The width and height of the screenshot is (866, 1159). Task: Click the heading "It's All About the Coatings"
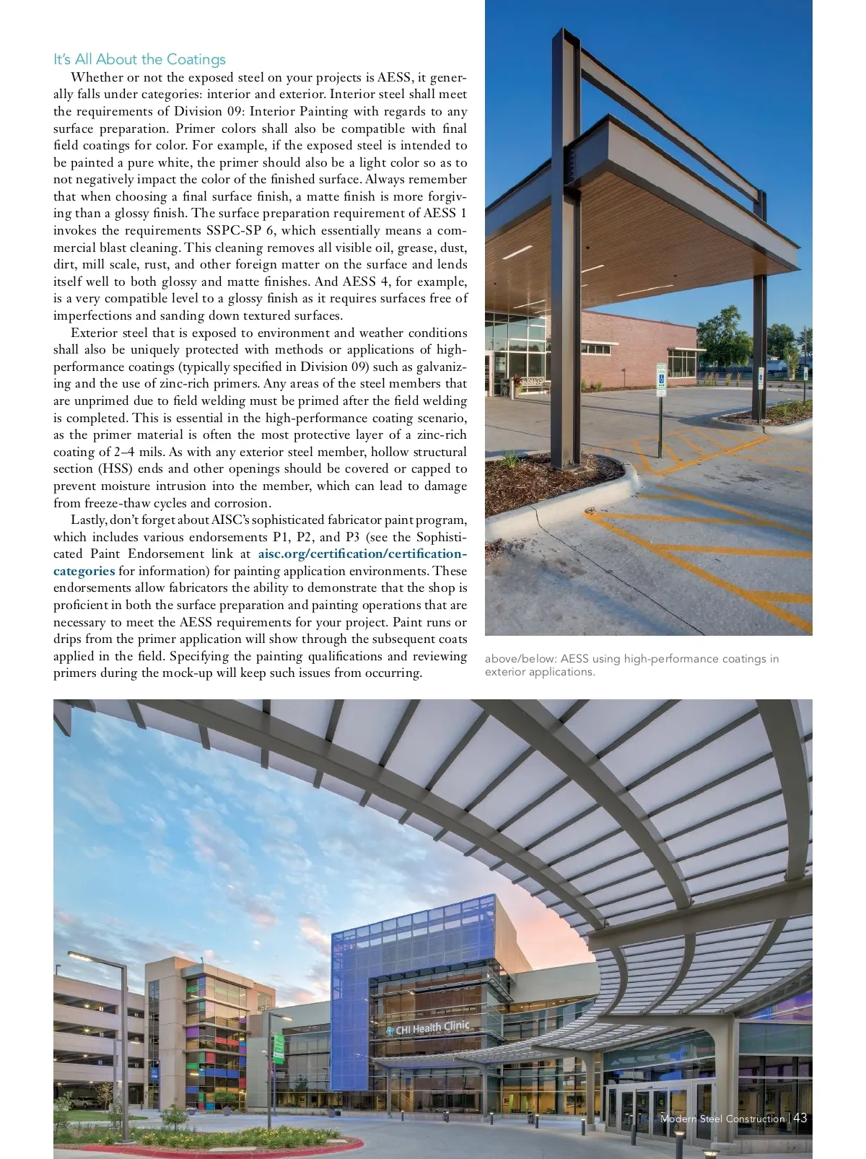pos(139,59)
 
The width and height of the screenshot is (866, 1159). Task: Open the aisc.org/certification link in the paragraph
pos(362,554)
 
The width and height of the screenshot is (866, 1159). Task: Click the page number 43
pos(800,1118)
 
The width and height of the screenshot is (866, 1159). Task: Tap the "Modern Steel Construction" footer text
pos(722,1119)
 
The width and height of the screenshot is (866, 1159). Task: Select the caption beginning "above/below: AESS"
pos(631,665)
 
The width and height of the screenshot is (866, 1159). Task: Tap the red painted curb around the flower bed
pos(216,1147)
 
